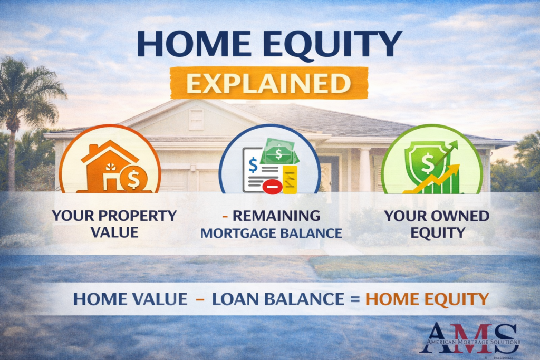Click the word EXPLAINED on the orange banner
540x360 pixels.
click(x=269, y=83)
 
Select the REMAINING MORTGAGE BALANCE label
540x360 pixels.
click(x=269, y=224)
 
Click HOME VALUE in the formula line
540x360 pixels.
click(x=130, y=299)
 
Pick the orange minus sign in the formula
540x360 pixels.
click(x=200, y=299)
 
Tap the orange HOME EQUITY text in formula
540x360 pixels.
click(x=427, y=299)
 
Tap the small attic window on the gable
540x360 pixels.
click(x=196, y=118)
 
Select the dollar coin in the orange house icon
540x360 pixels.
click(x=130, y=179)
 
